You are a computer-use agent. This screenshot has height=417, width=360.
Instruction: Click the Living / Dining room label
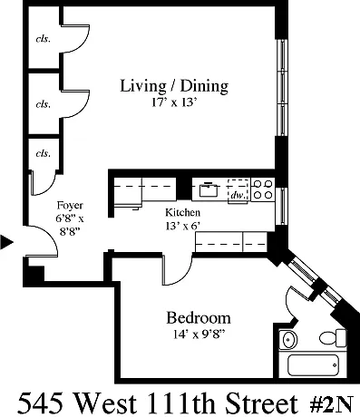174,86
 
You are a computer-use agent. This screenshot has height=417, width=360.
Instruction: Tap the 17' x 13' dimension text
174,102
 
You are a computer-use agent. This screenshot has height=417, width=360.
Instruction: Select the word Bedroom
199,318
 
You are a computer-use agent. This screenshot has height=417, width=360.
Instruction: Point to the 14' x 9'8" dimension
199,335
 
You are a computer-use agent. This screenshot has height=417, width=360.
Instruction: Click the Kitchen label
182,212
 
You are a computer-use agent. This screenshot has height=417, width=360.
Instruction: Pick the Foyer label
70,206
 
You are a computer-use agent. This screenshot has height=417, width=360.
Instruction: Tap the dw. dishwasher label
238,195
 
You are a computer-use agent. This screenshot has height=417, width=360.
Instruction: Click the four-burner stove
263,189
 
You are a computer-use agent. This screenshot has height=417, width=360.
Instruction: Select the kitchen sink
209,189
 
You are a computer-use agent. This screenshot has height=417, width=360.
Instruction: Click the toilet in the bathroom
333,338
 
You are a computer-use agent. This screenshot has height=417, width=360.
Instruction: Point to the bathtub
313,365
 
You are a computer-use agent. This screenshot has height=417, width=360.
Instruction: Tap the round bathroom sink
288,340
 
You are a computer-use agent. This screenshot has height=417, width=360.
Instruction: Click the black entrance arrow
6,242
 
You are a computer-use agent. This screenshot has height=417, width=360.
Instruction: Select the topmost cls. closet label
44,39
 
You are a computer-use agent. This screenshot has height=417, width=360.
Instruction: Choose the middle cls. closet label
44,104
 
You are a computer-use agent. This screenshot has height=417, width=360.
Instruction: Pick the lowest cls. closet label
44,153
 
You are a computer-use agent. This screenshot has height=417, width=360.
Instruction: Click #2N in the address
331,404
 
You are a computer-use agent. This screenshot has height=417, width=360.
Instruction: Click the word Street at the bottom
262,403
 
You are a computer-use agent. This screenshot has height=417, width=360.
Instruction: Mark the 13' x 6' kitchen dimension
183,226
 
